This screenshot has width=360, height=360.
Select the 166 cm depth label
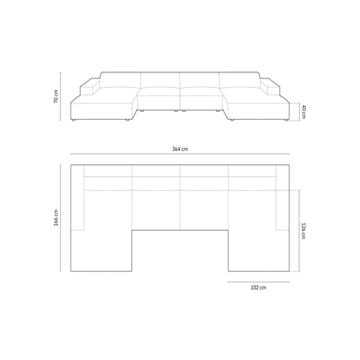56,215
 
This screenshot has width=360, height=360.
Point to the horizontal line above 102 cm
258,279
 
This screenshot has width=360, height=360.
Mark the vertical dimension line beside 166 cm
63,215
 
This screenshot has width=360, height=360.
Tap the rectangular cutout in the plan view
180,249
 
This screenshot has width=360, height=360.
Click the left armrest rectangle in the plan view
77,200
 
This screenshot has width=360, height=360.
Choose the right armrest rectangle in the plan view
284,200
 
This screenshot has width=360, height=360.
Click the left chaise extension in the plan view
102,247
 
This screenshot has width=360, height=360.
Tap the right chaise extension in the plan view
258,247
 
